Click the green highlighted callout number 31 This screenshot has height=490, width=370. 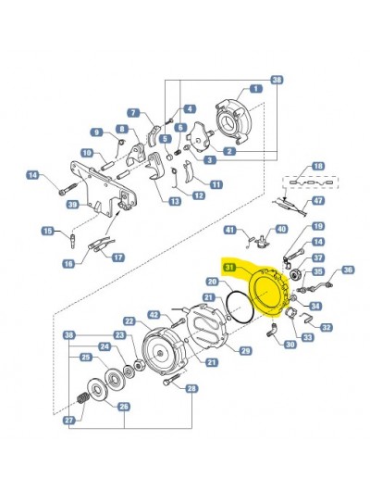(x=229, y=268)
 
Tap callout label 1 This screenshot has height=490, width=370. (x=256, y=89)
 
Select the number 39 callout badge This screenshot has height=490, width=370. (x=73, y=205)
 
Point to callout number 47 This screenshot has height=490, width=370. (x=318, y=200)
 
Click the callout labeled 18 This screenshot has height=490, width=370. (x=318, y=166)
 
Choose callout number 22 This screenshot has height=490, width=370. (x=129, y=320)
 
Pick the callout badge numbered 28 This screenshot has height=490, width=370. (x=191, y=388)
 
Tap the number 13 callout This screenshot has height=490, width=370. (x=175, y=201)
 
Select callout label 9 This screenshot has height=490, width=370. (x=97, y=132)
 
